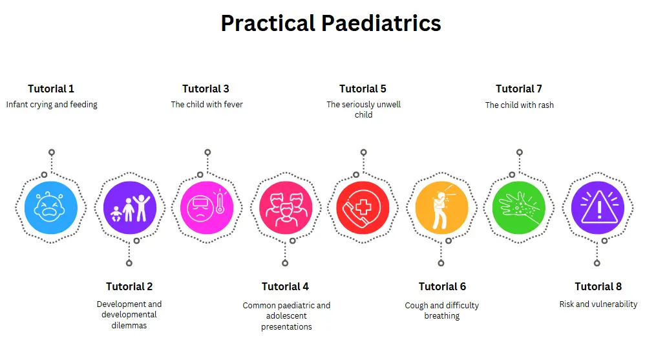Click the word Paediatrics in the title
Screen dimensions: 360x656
[381, 23]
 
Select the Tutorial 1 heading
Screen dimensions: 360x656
[51, 89]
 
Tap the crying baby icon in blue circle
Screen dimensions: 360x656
[51, 207]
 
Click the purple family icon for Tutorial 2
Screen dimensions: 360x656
[130, 207]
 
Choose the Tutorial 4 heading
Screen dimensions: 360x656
[285, 287]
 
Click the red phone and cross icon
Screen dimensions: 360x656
[363, 207]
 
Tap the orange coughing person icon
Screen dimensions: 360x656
[441, 207]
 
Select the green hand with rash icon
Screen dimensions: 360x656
[518, 207]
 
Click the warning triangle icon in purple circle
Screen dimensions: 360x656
[598, 207]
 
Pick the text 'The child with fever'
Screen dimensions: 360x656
[207, 105]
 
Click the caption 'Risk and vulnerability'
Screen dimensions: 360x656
[598, 304]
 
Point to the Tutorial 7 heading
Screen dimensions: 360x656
[518, 89]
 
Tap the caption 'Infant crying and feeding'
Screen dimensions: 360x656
[52, 105]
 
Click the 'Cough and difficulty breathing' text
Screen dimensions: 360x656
[441, 311]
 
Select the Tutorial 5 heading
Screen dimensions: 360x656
[363, 89]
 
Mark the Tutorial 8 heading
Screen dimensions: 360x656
[598, 287]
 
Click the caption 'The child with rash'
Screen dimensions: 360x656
[519, 105]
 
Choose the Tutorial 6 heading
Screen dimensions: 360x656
[442, 287]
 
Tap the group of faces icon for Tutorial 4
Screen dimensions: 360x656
[285, 207]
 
